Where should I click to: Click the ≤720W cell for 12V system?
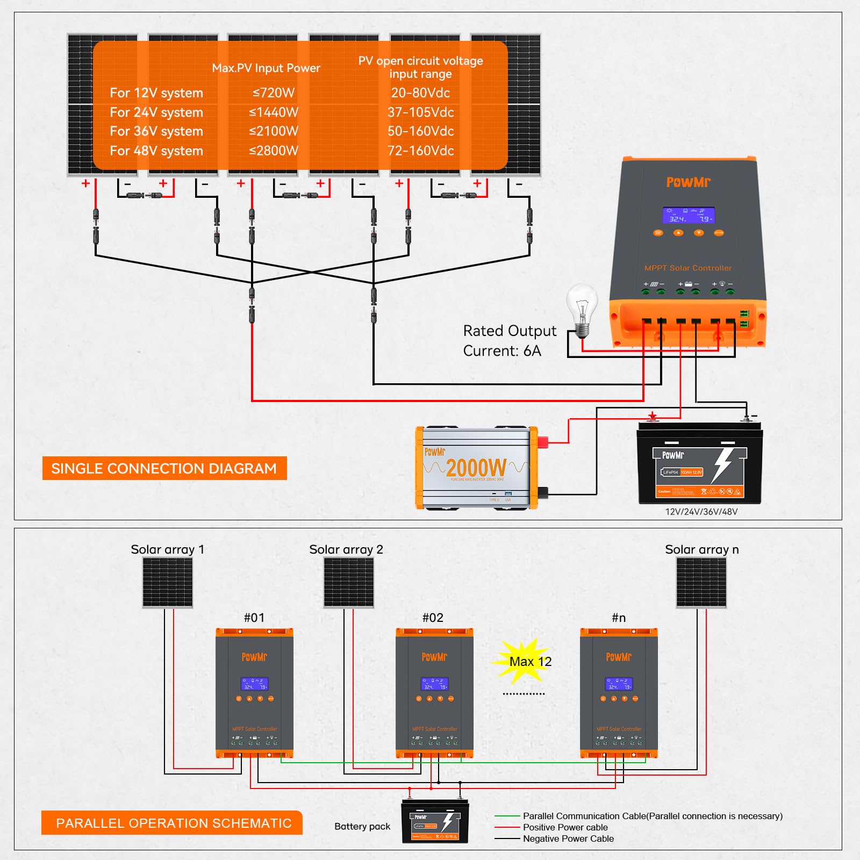click(274, 93)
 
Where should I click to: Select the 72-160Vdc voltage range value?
click(420, 151)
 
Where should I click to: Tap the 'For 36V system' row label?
click(156, 132)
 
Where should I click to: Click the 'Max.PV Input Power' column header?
click(266, 68)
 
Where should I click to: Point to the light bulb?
click(582, 309)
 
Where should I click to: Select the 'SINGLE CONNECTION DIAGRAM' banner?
click(164, 468)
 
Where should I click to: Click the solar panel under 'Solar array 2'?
click(348, 583)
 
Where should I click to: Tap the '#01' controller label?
click(254, 618)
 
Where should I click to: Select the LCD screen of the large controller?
click(688, 216)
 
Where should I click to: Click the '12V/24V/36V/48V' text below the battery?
click(701, 512)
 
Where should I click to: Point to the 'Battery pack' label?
click(362, 827)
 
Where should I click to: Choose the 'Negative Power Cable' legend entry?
click(568, 838)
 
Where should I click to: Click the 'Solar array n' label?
click(701, 549)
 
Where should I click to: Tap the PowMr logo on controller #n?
click(619, 657)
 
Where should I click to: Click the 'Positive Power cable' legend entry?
click(565, 827)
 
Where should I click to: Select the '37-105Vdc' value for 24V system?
click(420, 112)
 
